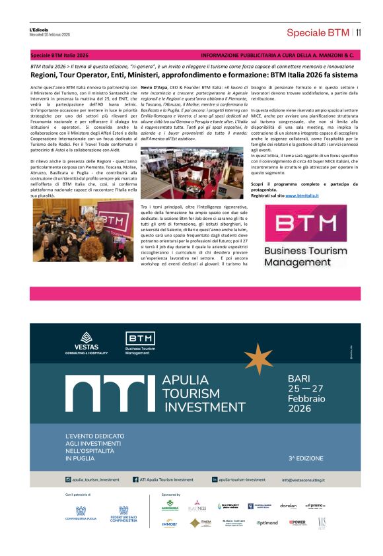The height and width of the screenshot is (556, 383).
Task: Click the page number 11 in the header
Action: tap(358, 32)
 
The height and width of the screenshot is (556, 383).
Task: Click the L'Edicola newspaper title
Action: tap(40, 30)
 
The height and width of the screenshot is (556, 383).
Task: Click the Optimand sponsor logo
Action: tap(267, 522)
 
